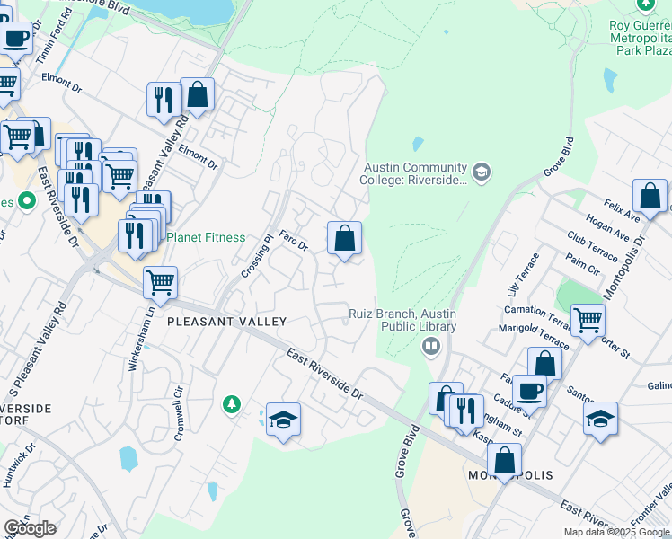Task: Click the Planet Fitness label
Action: point(206,237)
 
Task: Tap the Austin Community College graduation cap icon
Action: point(482,172)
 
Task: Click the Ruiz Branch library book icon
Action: point(431,346)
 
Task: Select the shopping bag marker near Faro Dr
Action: point(344,239)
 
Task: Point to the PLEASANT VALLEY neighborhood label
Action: point(226,322)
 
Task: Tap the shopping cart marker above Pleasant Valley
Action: point(160,282)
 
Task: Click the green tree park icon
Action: point(232,405)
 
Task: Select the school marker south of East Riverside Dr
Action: point(283,420)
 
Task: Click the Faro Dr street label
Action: point(293,241)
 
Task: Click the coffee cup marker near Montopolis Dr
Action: point(530,391)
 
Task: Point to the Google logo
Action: point(30,528)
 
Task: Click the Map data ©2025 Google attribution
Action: point(616,532)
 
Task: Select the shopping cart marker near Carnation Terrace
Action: point(588,319)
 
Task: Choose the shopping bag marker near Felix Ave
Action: point(650,196)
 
